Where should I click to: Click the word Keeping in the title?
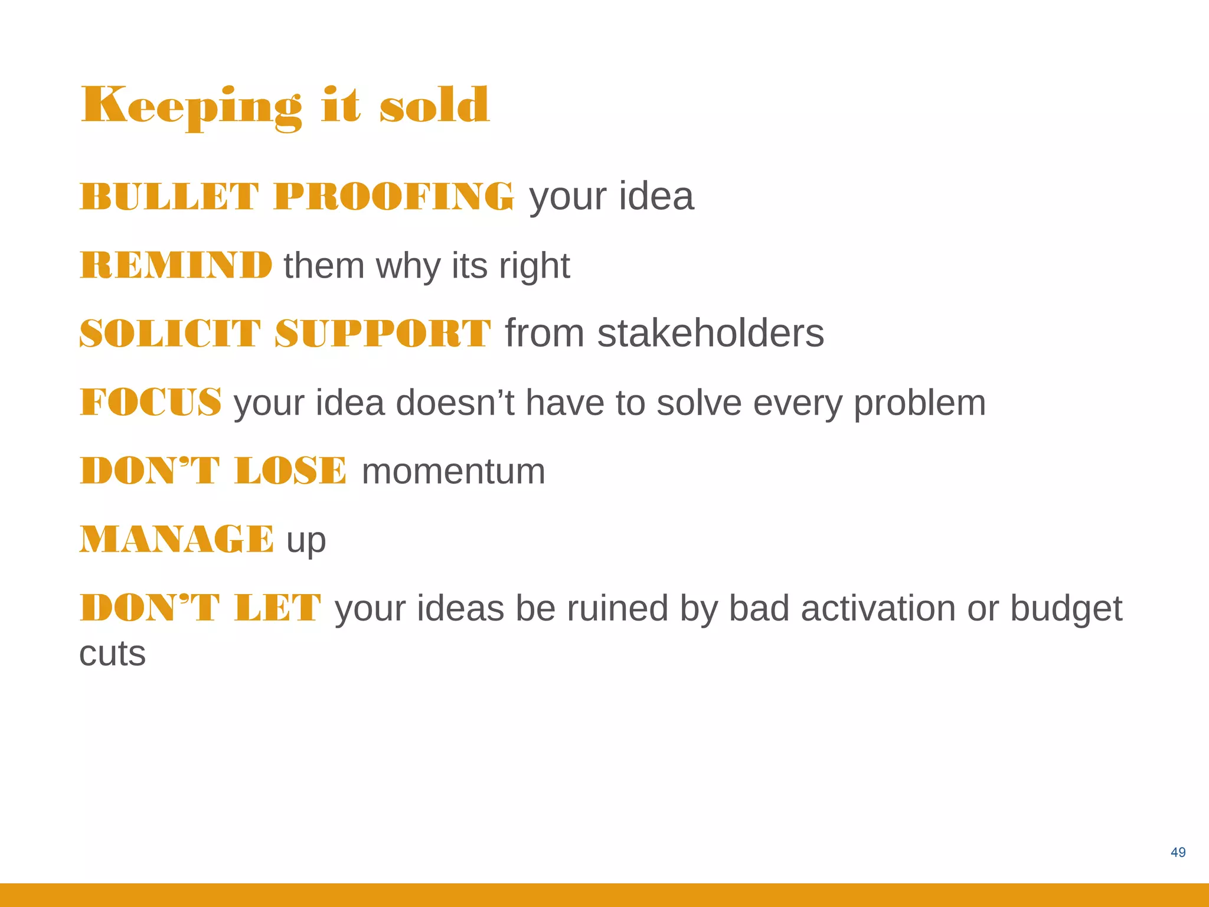pos(191,106)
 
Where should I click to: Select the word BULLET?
pos(169,197)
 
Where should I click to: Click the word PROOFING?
pos(394,197)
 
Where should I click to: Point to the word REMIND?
pos(176,265)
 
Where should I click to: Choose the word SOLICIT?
pos(170,334)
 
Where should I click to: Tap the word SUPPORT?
pos(383,334)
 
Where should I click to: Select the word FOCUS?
pos(151,403)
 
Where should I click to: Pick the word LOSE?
pos(290,471)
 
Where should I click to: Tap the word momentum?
pos(453,472)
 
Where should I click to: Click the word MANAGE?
pos(177,540)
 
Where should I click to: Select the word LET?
pos(277,608)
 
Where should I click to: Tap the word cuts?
pos(113,654)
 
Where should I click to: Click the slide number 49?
pos(1178,852)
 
